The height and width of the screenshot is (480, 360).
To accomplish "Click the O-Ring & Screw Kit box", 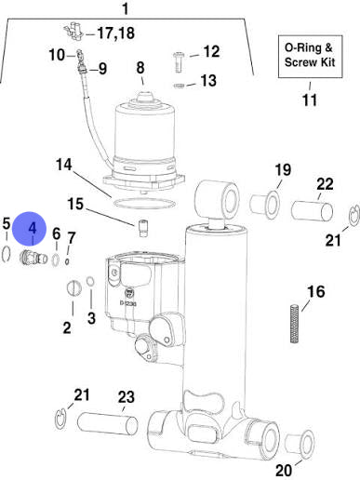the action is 310,56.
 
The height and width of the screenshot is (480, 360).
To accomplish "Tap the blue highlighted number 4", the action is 32,229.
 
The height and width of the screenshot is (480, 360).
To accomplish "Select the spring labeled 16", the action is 295,324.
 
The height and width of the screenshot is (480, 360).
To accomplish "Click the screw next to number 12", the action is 179,62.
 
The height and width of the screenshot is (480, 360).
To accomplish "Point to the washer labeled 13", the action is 179,86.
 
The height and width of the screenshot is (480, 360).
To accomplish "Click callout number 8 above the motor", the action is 140,67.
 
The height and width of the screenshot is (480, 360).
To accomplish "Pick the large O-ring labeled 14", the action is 144,204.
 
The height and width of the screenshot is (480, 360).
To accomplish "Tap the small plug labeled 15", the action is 143,228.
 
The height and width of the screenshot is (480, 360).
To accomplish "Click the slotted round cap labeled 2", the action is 74,287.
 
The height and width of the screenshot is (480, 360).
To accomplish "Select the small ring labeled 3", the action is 90,282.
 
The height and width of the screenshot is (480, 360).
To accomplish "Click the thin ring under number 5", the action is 7,254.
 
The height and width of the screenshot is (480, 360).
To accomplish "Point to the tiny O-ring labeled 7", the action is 67,261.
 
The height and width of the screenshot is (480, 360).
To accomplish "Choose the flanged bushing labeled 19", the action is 264,204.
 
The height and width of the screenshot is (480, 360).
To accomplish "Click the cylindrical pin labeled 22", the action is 312,211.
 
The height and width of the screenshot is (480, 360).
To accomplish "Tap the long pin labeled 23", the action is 107,424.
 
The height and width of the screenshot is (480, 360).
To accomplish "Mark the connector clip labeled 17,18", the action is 73,32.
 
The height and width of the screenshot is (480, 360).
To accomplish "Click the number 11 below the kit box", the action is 310,100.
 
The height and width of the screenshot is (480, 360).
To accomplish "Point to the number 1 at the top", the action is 125,8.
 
